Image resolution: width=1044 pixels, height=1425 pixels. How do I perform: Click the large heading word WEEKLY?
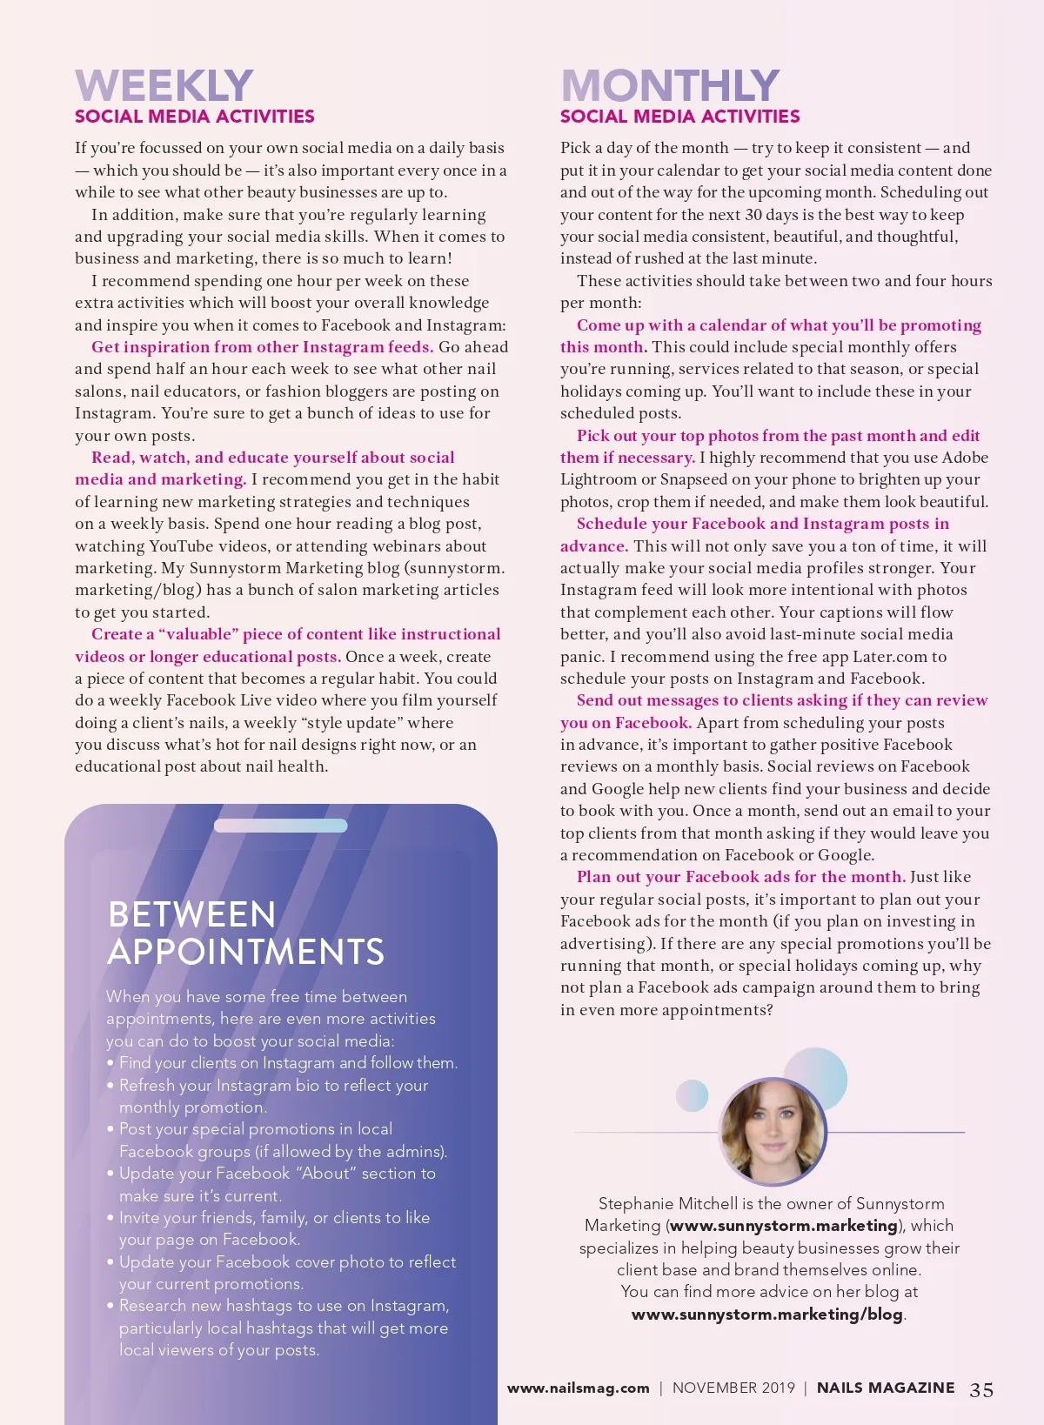[x=164, y=85]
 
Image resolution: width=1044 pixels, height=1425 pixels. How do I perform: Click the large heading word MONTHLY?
[x=670, y=85]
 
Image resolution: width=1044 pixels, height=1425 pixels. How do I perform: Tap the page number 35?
[x=981, y=1389]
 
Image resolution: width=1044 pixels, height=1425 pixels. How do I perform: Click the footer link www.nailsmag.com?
[x=578, y=1388]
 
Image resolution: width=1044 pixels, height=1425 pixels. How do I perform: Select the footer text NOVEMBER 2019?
[x=733, y=1388]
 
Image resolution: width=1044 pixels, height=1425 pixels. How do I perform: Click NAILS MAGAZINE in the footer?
[x=885, y=1388]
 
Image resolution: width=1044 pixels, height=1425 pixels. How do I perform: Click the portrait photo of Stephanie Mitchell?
[x=773, y=1131]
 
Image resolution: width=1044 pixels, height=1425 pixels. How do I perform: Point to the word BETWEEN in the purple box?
[x=191, y=914]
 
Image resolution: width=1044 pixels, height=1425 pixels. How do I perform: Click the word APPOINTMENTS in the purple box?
[x=245, y=952]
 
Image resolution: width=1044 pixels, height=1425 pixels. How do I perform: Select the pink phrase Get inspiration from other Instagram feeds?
[x=262, y=347]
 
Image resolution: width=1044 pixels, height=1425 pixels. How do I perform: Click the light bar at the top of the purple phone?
[x=280, y=826]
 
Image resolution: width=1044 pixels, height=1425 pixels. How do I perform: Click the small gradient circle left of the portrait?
[x=693, y=1094]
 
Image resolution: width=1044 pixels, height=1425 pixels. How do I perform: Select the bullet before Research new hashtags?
[x=110, y=1306]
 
